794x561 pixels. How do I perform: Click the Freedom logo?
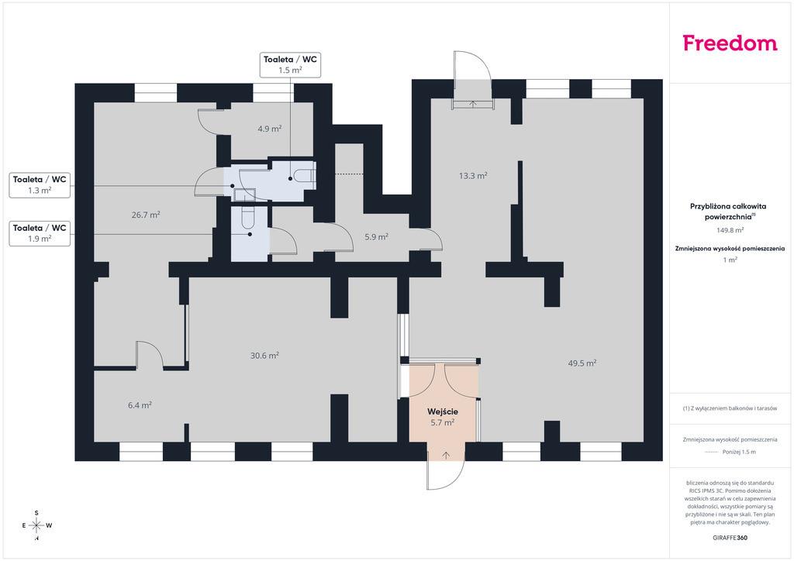tap(730, 43)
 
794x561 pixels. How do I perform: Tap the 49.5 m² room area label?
tap(582, 363)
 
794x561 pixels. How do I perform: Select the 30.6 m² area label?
tap(264, 356)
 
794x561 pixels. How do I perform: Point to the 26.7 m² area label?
tap(146, 215)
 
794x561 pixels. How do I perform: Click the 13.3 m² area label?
tap(473, 176)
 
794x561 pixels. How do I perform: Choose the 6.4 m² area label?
tap(140, 404)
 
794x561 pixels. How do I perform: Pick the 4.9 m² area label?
tap(269, 129)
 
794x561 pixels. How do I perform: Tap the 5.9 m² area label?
tap(376, 236)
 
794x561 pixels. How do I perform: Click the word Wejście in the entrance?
tap(442, 411)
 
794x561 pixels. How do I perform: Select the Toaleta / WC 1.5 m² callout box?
tap(290, 65)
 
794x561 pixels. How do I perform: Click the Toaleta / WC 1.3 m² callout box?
tap(40, 184)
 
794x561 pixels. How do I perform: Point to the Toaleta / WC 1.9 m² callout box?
tap(40, 233)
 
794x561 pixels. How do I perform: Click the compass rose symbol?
tap(36, 525)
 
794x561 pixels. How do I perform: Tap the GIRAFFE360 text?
tap(730, 538)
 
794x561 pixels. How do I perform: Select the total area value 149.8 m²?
tap(730, 229)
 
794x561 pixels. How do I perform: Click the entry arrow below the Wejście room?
tap(446, 455)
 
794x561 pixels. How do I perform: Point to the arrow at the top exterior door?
tap(473, 104)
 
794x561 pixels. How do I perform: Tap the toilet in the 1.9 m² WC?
tap(248, 217)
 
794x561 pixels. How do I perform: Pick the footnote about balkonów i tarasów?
tap(730, 408)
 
